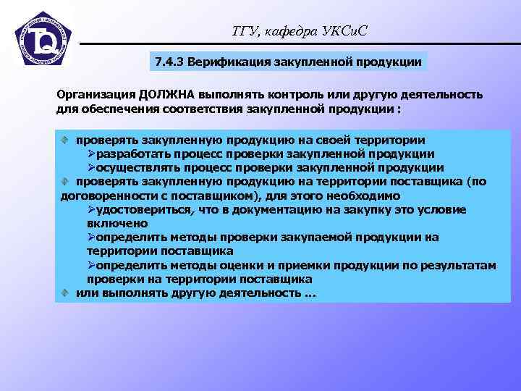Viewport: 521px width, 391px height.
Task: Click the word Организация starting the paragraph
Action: tap(92, 95)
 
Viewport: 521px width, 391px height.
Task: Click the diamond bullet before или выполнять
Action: tap(65, 293)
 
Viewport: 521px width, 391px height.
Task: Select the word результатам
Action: tap(460, 265)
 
